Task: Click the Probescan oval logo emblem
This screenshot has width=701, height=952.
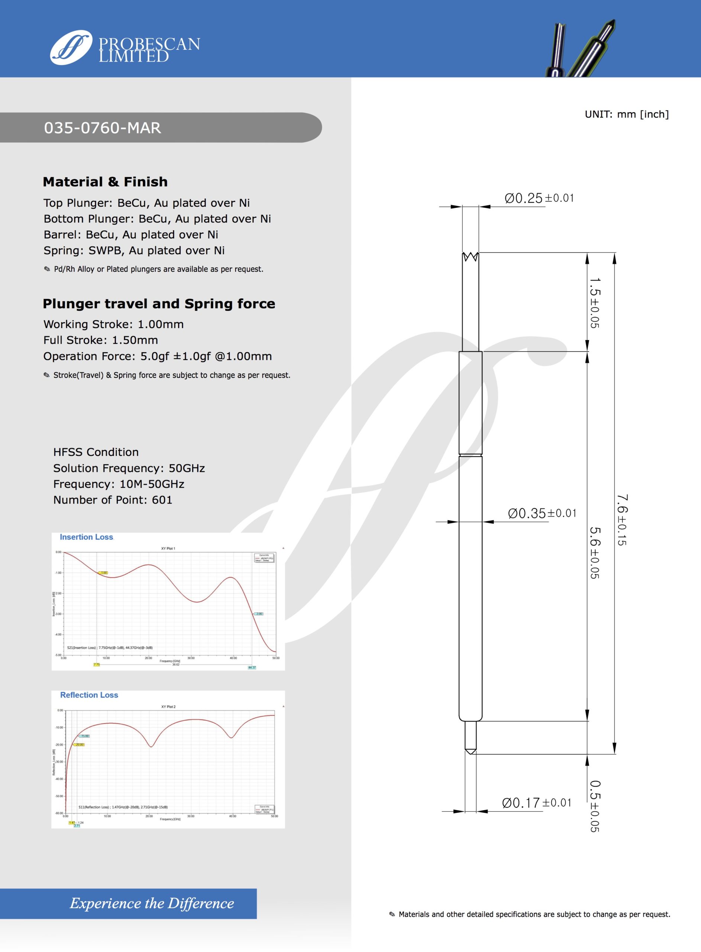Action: click(71, 48)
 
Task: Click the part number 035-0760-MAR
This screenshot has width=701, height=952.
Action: click(103, 128)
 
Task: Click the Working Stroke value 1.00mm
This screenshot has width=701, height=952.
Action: click(161, 324)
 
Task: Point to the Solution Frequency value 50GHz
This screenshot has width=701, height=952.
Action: click(187, 468)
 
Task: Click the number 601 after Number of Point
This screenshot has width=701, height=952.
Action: click(162, 500)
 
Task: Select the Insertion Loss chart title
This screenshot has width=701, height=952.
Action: click(87, 537)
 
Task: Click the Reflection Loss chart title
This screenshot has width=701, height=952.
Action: click(89, 695)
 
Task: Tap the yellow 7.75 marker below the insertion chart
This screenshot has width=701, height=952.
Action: click(97, 665)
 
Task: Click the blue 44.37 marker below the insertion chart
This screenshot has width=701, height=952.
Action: click(252, 668)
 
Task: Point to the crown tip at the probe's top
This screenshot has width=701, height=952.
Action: click(470, 257)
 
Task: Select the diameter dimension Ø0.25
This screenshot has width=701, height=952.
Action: click(524, 198)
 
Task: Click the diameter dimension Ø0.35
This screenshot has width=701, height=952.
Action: click(527, 514)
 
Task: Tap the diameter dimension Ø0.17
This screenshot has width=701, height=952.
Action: click(521, 803)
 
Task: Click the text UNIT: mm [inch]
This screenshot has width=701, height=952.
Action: click(626, 114)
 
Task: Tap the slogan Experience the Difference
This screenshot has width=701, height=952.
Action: click(152, 903)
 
